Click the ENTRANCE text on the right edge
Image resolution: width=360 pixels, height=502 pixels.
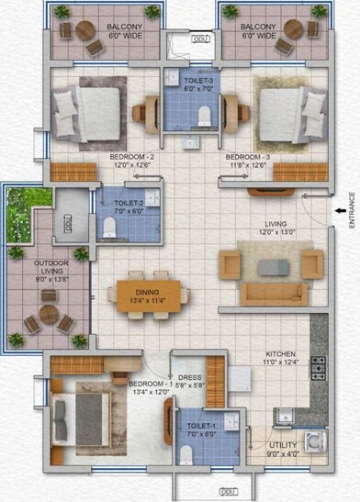(352, 210)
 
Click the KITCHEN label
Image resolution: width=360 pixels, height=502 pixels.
(281, 358)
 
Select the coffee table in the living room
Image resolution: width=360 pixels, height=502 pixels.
(271, 267)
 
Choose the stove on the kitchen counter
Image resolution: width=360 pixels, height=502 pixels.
(320, 366)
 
